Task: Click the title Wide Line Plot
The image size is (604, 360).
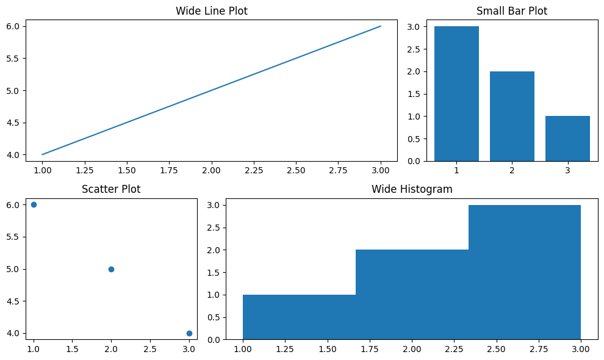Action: tap(211, 11)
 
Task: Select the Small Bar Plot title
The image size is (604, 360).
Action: tap(511, 11)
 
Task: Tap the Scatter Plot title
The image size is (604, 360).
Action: tap(111, 189)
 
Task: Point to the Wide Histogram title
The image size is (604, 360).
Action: tap(412, 189)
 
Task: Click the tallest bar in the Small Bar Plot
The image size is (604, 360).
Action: tap(456, 93)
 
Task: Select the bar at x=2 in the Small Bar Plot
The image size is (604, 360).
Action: tap(512, 116)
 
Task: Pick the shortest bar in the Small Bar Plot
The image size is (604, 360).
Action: tap(567, 139)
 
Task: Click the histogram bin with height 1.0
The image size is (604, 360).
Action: tap(299, 317)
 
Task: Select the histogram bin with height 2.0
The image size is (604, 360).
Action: tap(412, 294)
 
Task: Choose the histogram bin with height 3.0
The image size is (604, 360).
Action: tap(525, 272)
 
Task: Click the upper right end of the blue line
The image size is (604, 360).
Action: tap(381, 26)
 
